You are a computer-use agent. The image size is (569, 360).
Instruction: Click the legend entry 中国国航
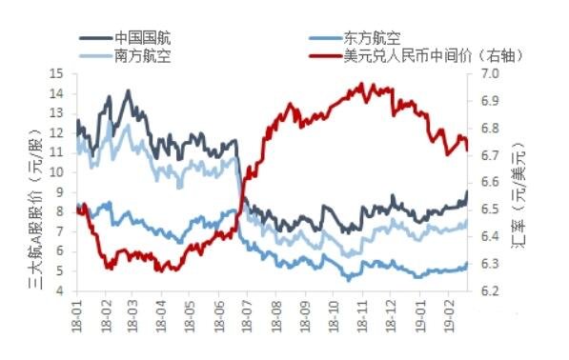pyautogui.click(x=141, y=37)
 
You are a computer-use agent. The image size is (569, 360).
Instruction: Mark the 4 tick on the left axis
pyautogui.click(x=59, y=291)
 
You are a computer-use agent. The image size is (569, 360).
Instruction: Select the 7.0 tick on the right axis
pyautogui.click(x=487, y=73)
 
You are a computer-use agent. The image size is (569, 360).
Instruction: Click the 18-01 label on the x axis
pyautogui.click(x=78, y=313)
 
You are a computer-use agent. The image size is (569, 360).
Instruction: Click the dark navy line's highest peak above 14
pyautogui.click(x=129, y=91)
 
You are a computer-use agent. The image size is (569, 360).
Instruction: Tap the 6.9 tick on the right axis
pyautogui.click(x=487, y=100)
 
